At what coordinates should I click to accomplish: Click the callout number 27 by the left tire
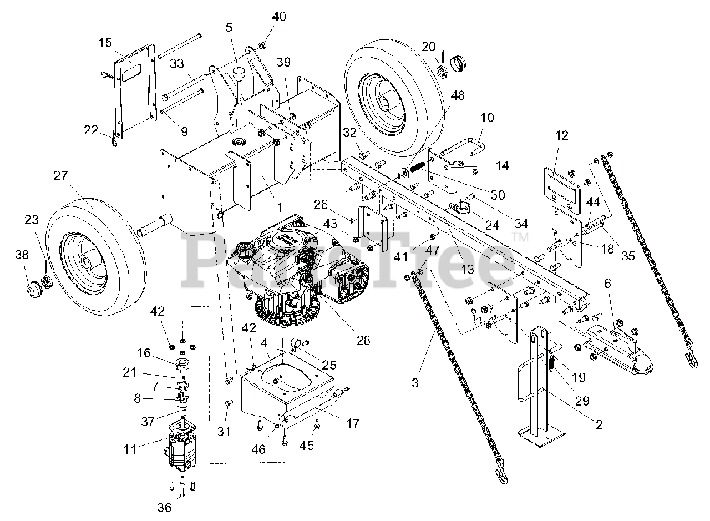point(60,176)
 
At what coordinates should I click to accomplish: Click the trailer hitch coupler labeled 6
point(618,350)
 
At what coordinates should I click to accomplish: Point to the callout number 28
point(363,340)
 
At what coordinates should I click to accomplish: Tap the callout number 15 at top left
point(105,43)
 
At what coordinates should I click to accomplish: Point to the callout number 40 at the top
point(278,17)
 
